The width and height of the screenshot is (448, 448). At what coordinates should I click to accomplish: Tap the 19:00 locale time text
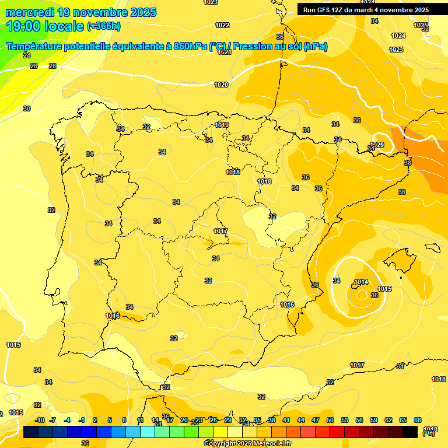click(x=44, y=26)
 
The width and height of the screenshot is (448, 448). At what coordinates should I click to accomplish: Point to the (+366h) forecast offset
click(x=104, y=26)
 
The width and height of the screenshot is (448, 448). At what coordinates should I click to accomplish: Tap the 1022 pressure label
click(x=222, y=25)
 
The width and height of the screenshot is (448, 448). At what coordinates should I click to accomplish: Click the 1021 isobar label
click(x=225, y=52)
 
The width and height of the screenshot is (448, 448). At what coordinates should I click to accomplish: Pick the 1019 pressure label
click(x=222, y=125)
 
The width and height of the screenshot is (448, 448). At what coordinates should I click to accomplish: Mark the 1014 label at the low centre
click(x=361, y=282)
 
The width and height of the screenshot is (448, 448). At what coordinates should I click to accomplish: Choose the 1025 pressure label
click(x=420, y=25)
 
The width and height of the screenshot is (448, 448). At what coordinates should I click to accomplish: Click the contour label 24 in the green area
click(x=26, y=55)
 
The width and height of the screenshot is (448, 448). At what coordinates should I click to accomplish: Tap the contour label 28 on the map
click(x=52, y=66)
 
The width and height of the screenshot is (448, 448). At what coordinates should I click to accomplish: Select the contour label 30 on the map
click(x=26, y=108)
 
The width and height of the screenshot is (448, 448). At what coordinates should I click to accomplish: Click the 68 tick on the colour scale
click(x=418, y=420)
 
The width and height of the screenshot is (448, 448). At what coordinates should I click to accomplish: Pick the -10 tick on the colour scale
click(x=40, y=420)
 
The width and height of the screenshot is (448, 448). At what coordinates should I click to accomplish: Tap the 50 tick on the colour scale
click(x=330, y=420)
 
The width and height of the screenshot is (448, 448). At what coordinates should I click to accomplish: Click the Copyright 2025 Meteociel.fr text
click(x=247, y=443)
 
